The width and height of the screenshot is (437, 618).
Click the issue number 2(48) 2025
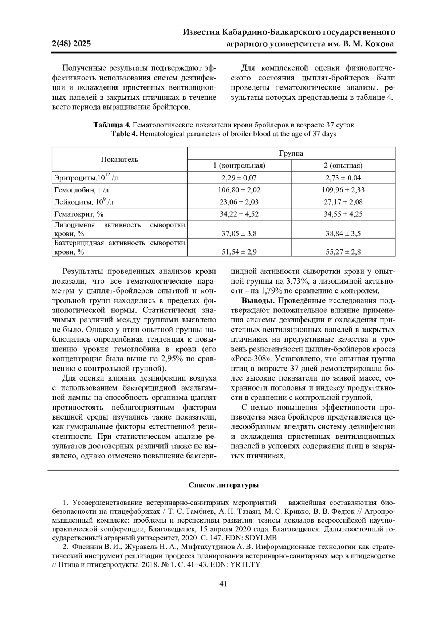[x=71, y=44]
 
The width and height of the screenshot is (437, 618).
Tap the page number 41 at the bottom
[x=223, y=584]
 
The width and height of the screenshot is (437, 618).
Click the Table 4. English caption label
[x=124, y=134]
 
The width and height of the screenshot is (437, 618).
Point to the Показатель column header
[x=119, y=159]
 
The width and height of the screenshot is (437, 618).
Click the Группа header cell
[x=291, y=153]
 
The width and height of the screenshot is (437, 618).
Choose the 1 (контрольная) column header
[x=239, y=165]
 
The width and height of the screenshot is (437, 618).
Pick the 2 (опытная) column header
[x=343, y=165]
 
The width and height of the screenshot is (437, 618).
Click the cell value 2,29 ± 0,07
[x=239, y=178]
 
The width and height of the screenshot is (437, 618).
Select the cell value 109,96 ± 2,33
[x=343, y=190]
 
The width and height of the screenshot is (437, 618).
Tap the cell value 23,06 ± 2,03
[x=239, y=202]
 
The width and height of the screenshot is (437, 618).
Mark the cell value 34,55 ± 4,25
[x=343, y=214]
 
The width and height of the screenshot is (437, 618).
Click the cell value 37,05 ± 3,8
[x=239, y=233]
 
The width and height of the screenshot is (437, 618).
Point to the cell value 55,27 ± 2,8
[x=343, y=252]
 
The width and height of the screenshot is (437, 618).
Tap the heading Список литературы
[x=224, y=485]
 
